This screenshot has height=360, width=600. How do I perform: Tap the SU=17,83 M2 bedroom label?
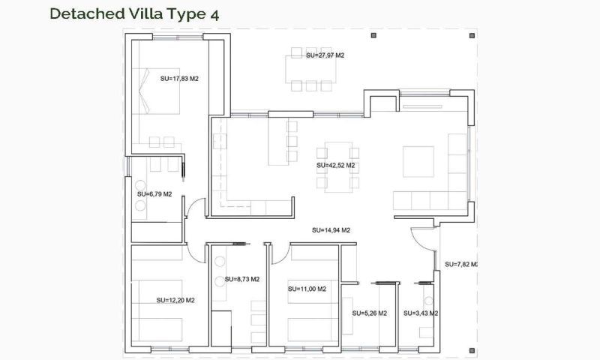coord(179,77)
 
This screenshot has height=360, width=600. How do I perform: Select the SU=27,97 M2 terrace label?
coord(325,55)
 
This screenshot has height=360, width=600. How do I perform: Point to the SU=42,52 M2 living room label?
coord(335,165)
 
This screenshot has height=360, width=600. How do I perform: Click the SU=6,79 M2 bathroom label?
coord(154,193)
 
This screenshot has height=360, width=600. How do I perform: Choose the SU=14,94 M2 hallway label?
coord(331,230)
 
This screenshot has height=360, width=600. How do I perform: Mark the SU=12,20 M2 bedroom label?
coord(175,300)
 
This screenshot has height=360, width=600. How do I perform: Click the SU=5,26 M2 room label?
coord(369,313)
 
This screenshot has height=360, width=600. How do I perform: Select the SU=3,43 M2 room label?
coord(421,313)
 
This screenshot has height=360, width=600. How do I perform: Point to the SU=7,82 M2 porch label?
coord(460,264)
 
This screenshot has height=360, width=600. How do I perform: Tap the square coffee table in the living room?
coord(418,160)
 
